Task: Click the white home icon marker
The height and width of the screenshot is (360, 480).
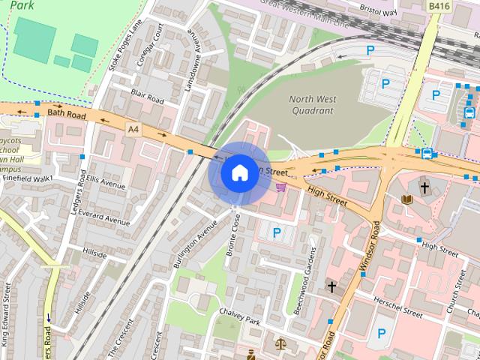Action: [x=238, y=172]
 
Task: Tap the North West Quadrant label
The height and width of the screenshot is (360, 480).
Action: [x=311, y=105]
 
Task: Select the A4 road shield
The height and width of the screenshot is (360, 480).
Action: [x=133, y=130]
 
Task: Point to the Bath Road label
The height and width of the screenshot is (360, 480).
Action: [x=63, y=113]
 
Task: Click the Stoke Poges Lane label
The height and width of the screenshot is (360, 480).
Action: [x=124, y=45]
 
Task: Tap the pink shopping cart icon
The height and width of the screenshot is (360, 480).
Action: [x=281, y=187]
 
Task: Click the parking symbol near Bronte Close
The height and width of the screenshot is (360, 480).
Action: [x=277, y=233]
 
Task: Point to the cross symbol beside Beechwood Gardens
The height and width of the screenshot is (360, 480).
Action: [x=331, y=286]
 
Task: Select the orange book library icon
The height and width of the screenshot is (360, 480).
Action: [x=407, y=199]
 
